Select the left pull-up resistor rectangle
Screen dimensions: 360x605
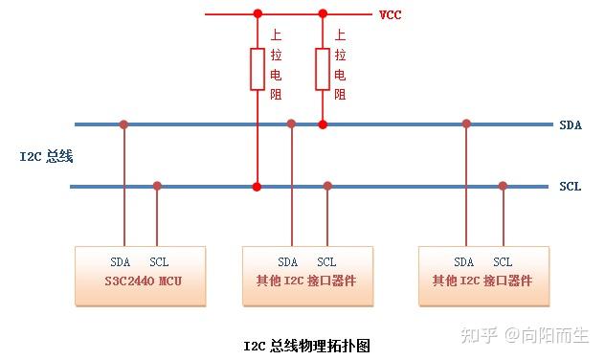pyautogui.click(x=257, y=69)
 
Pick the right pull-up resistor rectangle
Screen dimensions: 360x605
pyautogui.click(x=323, y=69)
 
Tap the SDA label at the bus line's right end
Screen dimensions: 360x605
pyautogui.click(x=570, y=124)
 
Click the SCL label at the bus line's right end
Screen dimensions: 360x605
pyautogui.click(x=570, y=187)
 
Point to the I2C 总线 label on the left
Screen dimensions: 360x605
pyautogui.click(x=47, y=155)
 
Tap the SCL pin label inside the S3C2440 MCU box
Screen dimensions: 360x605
pyautogui.click(x=159, y=261)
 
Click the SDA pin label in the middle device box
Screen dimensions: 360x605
pyautogui.click(x=288, y=262)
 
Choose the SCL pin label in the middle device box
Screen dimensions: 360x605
pyautogui.click(x=326, y=262)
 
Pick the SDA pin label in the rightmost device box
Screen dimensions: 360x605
pyautogui.click(x=464, y=262)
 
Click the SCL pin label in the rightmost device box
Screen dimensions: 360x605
pyautogui.click(x=503, y=262)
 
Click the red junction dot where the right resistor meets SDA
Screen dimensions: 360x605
pyautogui.click(x=323, y=124)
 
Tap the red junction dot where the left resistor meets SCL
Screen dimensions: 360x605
pyautogui.click(x=257, y=186)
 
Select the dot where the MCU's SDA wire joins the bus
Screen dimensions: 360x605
pyautogui.click(x=123, y=124)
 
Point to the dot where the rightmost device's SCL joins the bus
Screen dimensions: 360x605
pyautogui.click(x=503, y=186)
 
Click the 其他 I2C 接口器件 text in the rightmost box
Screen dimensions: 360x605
pyautogui.click(x=482, y=281)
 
